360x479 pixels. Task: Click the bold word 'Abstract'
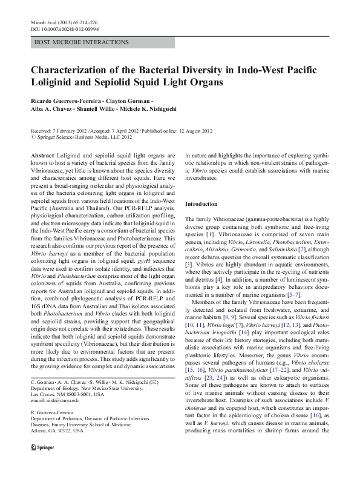(x=42, y=156)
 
